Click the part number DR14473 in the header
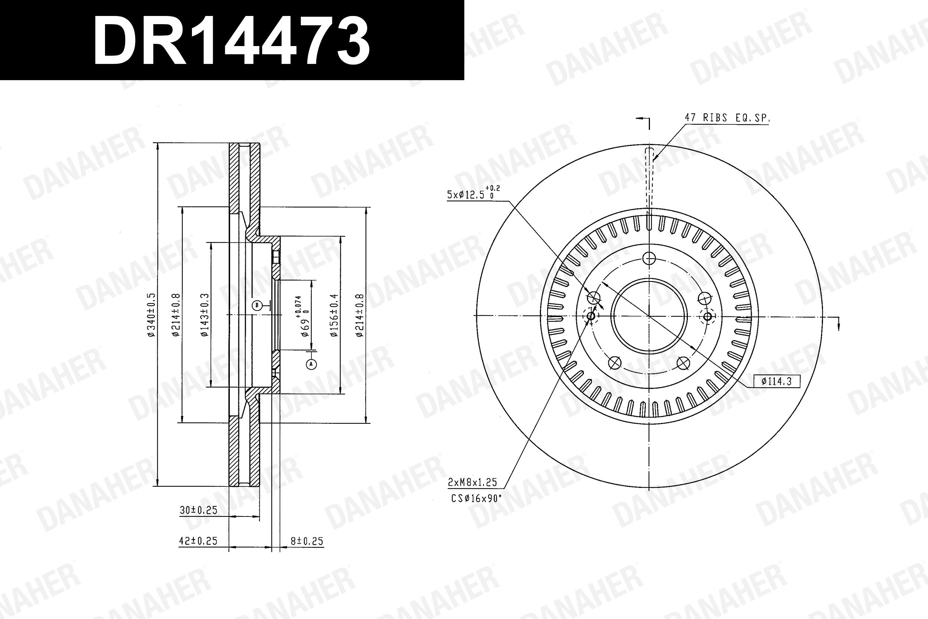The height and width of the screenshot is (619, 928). pos(231,40)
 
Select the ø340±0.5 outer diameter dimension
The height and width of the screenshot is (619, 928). pos(151,315)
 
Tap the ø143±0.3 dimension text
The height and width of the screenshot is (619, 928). pos(205,315)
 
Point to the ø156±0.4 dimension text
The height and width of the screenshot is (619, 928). pos(334,315)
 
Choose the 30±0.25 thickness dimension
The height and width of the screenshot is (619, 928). pos(199,510)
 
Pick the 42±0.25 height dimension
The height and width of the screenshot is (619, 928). pos(198,541)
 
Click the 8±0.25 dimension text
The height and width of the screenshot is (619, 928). pos(307,541)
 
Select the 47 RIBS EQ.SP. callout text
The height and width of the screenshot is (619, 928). pos(727,118)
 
